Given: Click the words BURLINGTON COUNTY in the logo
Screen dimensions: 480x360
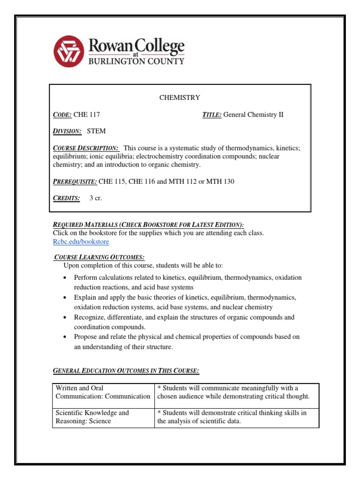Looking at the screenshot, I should (136, 61).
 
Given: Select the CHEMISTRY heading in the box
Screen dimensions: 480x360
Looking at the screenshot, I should (180, 97).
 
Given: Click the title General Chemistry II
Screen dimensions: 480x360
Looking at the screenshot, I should (253, 114).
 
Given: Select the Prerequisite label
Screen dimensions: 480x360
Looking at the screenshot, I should (75, 181).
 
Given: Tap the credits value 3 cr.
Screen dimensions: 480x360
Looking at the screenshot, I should (96, 198).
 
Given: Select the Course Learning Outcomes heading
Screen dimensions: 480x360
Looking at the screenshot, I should (99, 257).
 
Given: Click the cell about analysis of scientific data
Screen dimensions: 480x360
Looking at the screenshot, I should (237, 417).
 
